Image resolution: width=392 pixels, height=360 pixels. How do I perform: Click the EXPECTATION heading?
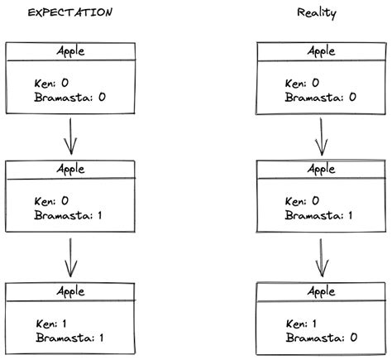click(70, 13)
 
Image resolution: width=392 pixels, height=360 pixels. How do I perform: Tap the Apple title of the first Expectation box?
click(70, 51)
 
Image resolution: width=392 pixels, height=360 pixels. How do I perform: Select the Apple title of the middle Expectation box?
click(70, 169)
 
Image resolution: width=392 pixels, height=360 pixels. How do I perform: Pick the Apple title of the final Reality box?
click(321, 291)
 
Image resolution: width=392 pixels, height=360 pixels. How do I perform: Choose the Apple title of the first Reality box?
click(321, 51)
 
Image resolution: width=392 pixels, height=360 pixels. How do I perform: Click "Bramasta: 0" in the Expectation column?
click(71, 98)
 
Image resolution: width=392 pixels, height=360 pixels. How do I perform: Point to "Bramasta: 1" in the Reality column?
click(322, 216)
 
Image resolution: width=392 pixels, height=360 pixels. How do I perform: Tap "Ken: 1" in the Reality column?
click(303, 324)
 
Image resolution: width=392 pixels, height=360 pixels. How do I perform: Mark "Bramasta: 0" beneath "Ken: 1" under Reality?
click(322, 338)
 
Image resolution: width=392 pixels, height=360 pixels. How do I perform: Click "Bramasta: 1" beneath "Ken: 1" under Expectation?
click(72, 338)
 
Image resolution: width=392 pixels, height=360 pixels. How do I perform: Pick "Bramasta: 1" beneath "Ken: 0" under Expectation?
click(71, 216)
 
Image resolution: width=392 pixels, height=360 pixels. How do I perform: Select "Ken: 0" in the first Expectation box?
click(52, 84)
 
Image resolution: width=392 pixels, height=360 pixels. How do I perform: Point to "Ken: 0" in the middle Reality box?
click(303, 201)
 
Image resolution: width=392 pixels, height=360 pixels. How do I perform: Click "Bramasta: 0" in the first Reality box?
click(322, 98)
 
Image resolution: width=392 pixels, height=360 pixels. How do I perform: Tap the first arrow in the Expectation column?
click(70, 137)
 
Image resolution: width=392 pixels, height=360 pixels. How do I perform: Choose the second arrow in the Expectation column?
click(70, 257)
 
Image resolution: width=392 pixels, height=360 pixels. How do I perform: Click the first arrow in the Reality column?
click(321, 137)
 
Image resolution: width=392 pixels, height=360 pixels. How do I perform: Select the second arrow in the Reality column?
click(321, 257)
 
